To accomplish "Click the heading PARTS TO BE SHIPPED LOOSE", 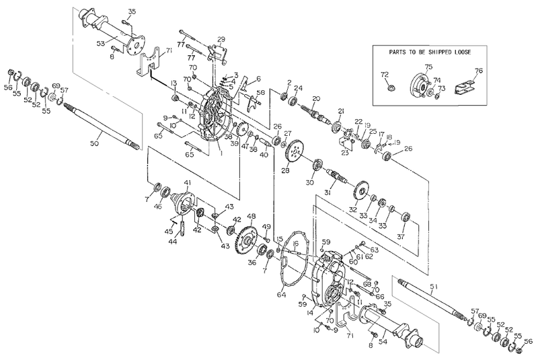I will coord(430,52).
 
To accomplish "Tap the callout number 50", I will coord(94,144).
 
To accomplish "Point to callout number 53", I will coord(101,43).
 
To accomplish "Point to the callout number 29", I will coord(221,40).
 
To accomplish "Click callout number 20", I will coord(315,100).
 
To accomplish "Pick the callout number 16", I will coord(295,244).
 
